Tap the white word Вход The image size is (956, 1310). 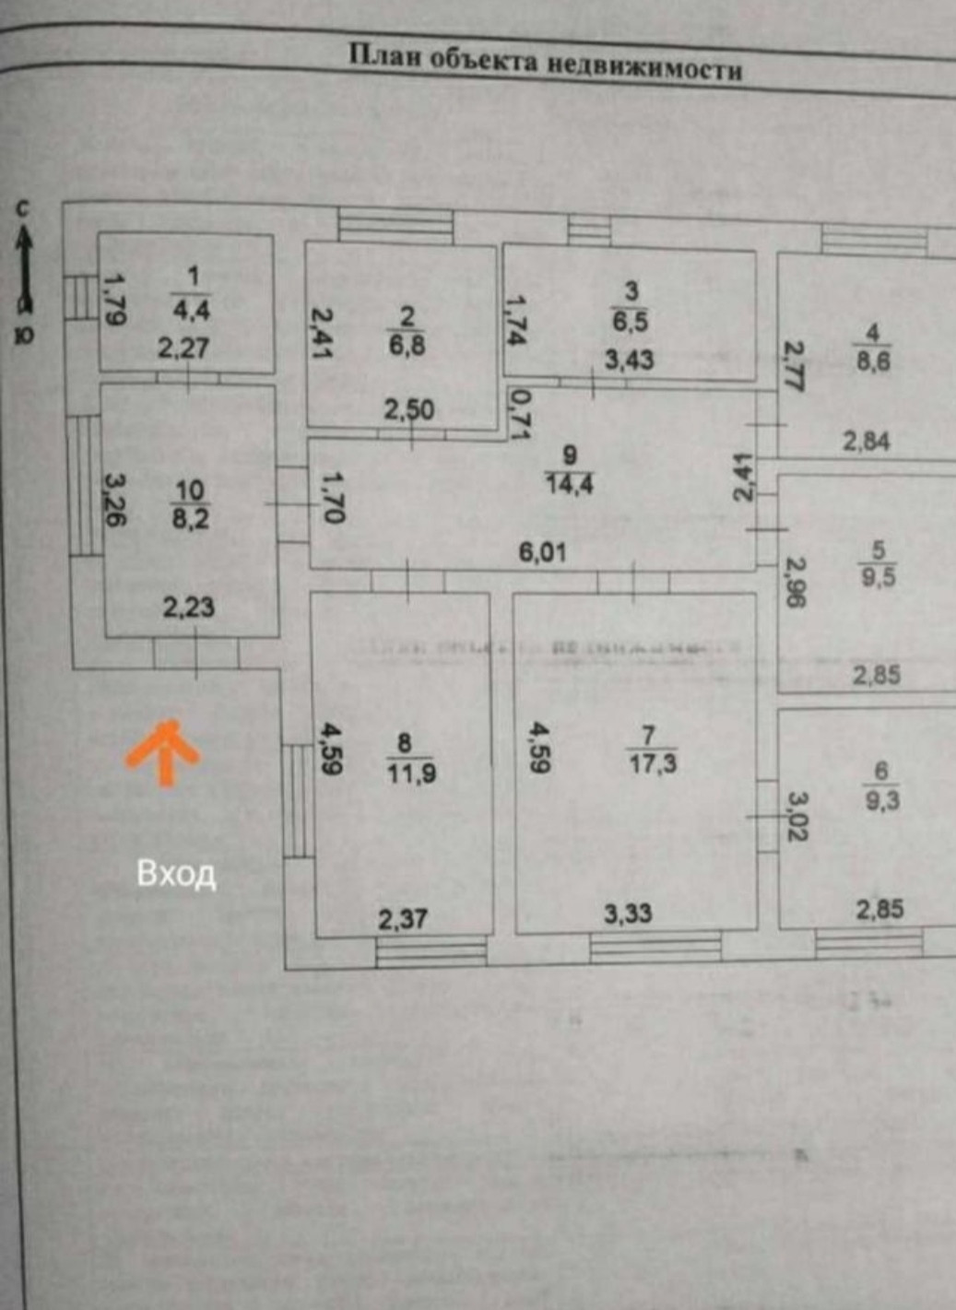point(176,873)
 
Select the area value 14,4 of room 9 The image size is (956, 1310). point(569,482)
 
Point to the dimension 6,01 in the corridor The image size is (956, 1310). point(542,552)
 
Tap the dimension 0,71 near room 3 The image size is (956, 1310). point(521,412)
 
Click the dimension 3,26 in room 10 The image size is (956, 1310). point(115,500)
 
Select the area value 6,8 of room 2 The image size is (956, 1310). point(407,347)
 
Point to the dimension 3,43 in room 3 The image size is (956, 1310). point(629,359)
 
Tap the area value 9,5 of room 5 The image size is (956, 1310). point(877,578)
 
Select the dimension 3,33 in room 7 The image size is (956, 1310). point(628,914)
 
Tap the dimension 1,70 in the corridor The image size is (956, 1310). point(333,498)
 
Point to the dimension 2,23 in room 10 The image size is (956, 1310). point(189,607)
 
